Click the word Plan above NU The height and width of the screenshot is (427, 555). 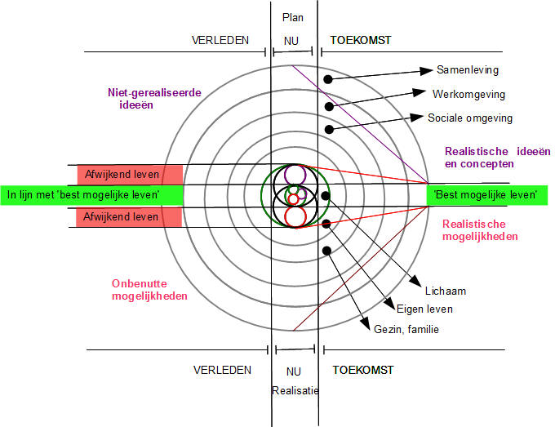tap(293, 17)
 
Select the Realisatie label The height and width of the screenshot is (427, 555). tap(295, 390)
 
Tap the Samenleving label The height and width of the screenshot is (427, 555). tap(468, 70)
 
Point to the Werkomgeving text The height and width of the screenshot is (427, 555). tap(468, 94)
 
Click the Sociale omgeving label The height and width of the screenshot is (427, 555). tap(470, 118)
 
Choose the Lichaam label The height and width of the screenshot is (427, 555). tap(446, 291)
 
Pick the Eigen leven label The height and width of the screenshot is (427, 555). tap(424, 309)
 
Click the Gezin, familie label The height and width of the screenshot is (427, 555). tap(406, 329)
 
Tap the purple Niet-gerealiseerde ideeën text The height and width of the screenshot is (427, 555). tap(154, 99)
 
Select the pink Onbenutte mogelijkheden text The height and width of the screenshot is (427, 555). tap(149, 290)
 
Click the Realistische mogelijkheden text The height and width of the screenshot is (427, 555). tap(480, 230)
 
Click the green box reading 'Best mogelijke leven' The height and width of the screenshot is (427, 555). tap(487, 195)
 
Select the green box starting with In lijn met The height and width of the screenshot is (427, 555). tap(91, 195)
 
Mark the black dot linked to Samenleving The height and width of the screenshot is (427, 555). tap(328, 79)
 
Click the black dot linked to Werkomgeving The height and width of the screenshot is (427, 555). tap(329, 106)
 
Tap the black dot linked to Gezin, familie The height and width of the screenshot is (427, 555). tap(326, 251)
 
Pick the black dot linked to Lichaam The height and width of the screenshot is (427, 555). tap(326, 195)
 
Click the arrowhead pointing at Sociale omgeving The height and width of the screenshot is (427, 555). tap(416, 118)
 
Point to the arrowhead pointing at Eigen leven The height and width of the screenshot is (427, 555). tap(390, 304)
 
